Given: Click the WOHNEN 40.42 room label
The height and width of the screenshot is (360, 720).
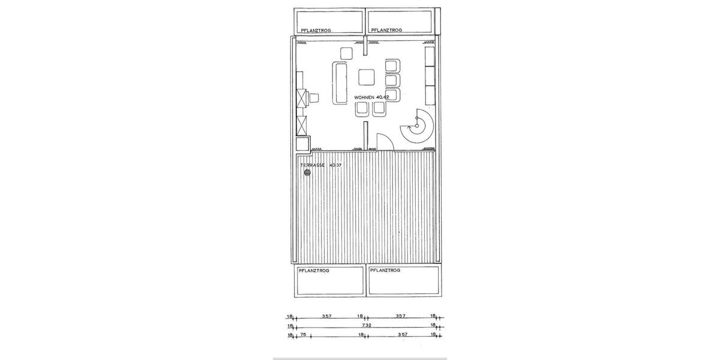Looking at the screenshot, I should (x=372, y=97).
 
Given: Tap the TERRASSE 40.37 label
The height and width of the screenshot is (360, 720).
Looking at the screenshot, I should (x=320, y=164).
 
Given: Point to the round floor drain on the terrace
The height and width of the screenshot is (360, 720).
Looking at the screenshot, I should (x=308, y=173).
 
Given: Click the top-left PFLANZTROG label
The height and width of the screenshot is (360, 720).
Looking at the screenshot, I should (x=316, y=30).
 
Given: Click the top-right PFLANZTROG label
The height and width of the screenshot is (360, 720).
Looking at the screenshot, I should (x=386, y=30).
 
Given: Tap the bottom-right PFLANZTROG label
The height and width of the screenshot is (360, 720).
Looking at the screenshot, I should (x=385, y=271).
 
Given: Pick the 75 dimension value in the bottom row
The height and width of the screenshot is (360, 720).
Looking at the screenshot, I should (x=304, y=335).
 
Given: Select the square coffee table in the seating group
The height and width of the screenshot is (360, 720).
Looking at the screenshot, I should (x=367, y=77).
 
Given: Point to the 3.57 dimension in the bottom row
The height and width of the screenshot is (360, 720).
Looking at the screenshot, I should (x=403, y=335).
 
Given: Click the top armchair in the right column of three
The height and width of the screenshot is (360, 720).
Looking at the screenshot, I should (x=392, y=66).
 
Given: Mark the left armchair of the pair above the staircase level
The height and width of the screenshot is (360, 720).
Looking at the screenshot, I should (x=362, y=109).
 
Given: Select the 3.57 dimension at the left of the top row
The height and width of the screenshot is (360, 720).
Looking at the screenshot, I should (x=327, y=316).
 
